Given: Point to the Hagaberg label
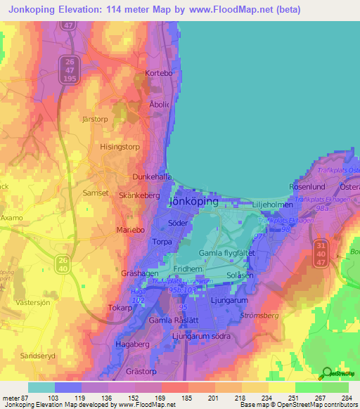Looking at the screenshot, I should coord(131,344).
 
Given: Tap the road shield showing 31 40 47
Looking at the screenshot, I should coord(321,252).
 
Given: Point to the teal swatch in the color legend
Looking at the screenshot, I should coord(41,387).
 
